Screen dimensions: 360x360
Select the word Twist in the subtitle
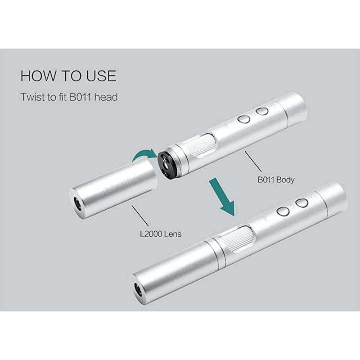click(32, 97)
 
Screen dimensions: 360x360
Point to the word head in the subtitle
click(107, 97)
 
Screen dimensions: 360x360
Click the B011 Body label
click(276, 180)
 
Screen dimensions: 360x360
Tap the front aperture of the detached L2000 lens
click(77, 205)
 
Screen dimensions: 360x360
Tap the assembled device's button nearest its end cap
click(301, 203)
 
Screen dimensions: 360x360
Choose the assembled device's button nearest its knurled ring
click(283, 211)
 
